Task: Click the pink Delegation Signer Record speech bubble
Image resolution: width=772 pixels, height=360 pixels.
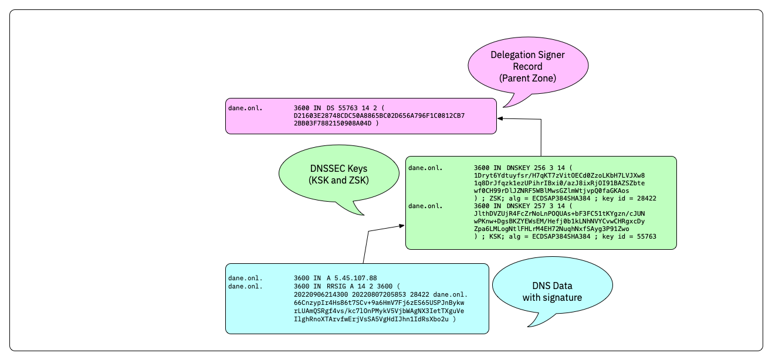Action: [x=527, y=66]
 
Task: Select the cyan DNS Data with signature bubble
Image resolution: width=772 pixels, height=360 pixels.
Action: [x=552, y=291]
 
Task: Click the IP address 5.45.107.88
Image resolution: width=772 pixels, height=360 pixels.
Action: [x=352, y=277]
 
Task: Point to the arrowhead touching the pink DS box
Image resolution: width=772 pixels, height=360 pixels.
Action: [x=500, y=118]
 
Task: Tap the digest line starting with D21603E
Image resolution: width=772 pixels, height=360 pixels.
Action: [x=379, y=116]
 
